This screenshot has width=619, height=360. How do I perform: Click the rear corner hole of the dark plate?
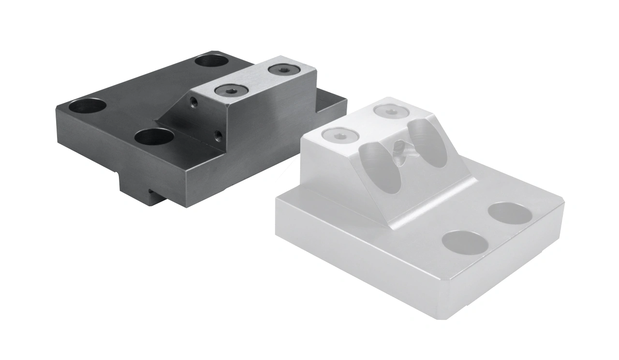212,61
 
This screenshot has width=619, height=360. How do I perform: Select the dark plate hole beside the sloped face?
154,137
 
